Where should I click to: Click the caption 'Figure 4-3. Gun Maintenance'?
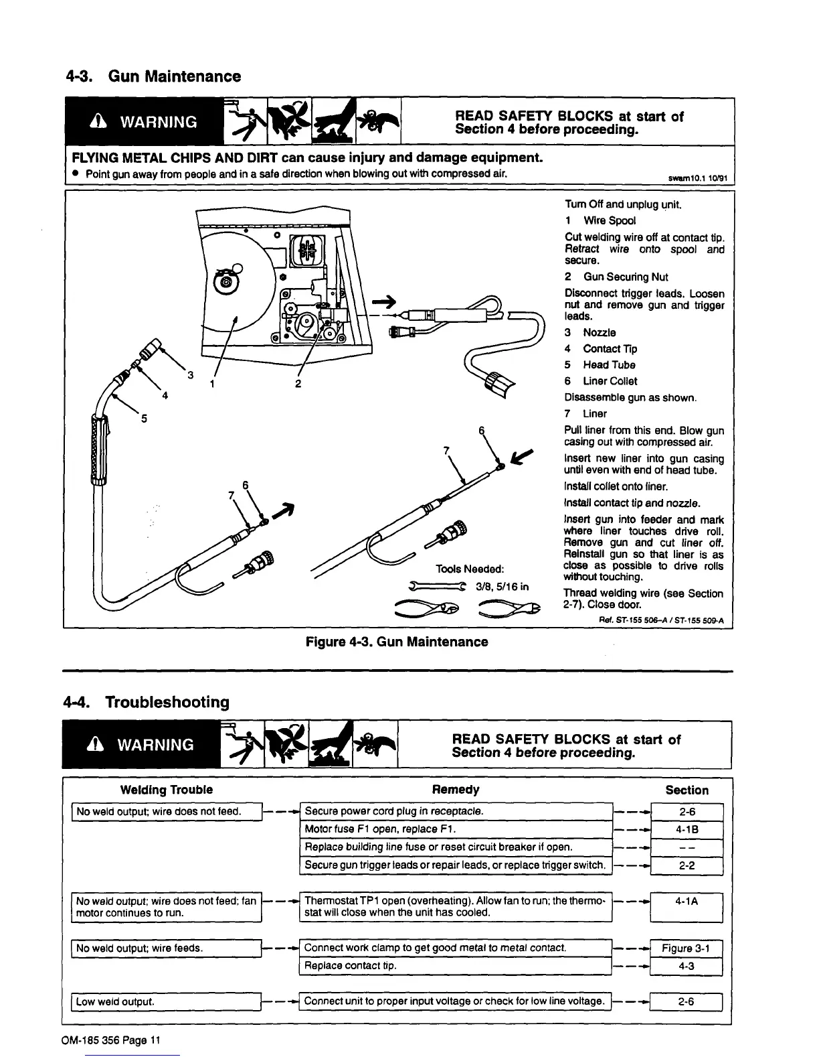tap(397, 642)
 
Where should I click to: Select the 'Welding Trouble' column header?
tap(166, 790)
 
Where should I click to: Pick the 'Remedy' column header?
tap(456, 790)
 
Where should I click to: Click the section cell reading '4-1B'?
tap(687, 829)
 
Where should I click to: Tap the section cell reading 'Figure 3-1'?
tap(687, 948)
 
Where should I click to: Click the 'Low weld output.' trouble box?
tap(166, 1002)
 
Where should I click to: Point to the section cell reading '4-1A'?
tap(687, 901)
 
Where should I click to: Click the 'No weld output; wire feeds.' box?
tap(166, 948)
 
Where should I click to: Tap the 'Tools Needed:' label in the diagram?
tap(469, 569)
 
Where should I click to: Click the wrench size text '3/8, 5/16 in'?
tap(502, 587)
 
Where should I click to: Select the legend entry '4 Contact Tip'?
tap(601, 348)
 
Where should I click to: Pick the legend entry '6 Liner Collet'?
tap(601, 381)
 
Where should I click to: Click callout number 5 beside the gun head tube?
tap(143, 419)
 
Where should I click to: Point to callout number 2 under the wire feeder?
tap(298, 384)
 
